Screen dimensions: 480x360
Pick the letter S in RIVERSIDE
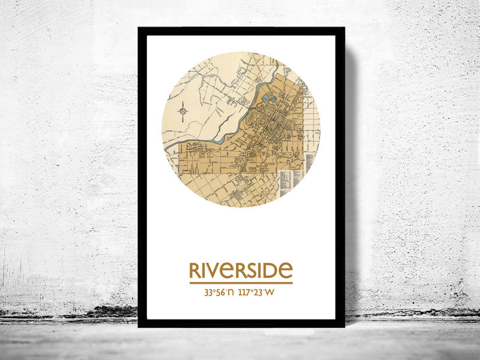(251, 271)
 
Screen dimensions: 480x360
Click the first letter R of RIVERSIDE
(195, 271)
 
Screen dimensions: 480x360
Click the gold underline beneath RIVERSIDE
(241, 283)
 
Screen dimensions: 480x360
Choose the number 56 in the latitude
(220, 293)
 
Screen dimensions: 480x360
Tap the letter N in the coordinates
(231, 293)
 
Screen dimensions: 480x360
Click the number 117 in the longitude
(245, 293)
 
